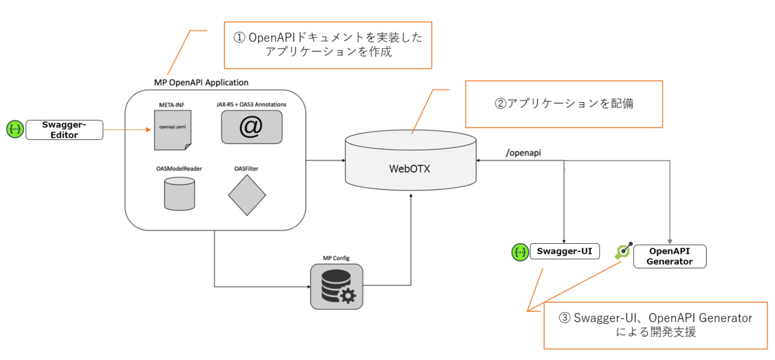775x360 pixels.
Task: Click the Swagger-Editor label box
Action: click(64, 130)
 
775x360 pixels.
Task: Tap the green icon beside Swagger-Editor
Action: click(15, 130)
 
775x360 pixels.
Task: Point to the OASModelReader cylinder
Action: click(179, 194)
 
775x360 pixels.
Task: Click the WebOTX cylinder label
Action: click(410, 168)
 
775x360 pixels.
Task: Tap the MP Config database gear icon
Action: click(336, 287)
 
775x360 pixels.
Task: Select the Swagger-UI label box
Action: click(564, 252)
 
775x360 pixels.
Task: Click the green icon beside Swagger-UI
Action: click(519, 253)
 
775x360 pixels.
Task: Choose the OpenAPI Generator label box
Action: click(670, 256)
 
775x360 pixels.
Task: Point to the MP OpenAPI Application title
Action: click(201, 82)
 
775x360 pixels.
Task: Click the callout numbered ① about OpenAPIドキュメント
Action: click(328, 45)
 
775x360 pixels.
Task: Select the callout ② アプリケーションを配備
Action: click(564, 104)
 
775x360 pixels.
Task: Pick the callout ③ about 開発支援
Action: click(655, 325)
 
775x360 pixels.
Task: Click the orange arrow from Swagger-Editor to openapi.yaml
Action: click(124, 130)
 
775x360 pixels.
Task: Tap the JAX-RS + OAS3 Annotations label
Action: click(251, 104)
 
